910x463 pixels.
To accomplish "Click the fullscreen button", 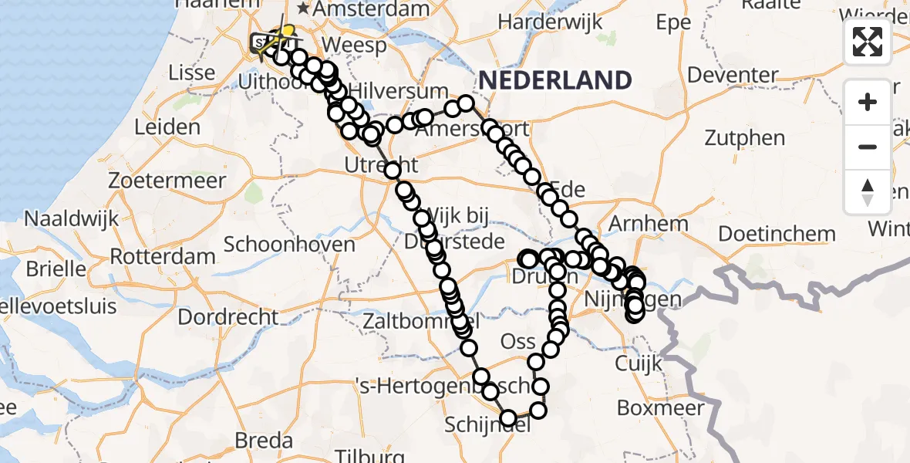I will (x=868, y=42).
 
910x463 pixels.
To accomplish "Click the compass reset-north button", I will (x=868, y=192).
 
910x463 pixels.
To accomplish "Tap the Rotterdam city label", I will (x=163, y=255).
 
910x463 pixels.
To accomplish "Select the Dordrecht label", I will (x=228, y=317).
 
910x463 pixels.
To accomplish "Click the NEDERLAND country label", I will (x=554, y=79).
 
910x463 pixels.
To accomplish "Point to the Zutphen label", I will (x=744, y=139).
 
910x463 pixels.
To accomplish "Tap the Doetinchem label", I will (x=777, y=234).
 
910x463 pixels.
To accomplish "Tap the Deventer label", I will (x=733, y=76).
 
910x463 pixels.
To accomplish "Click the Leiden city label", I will (x=167, y=127).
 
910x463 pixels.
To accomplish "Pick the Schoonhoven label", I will (x=289, y=245).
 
